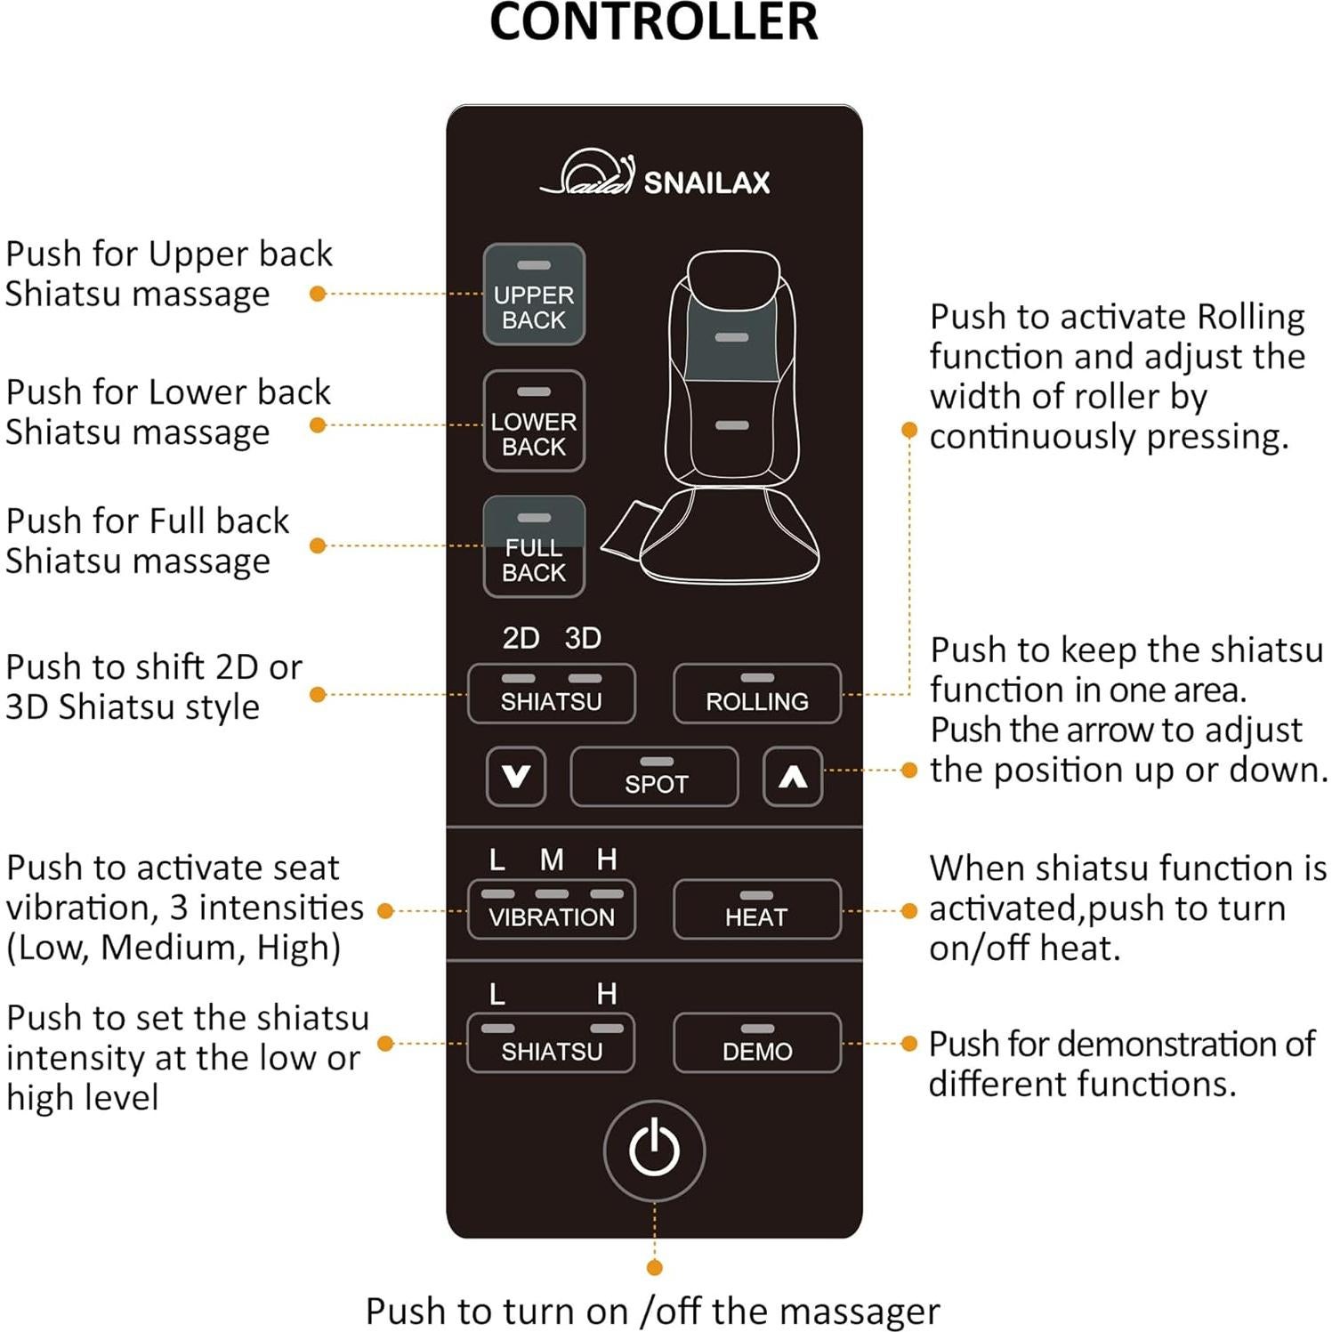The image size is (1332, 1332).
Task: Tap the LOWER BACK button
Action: point(534,421)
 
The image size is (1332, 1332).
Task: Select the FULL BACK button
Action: point(534,547)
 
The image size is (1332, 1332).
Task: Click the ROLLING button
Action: point(757,694)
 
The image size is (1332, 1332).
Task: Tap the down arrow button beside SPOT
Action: point(516,777)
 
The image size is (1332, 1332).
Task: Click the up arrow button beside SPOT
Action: point(793,777)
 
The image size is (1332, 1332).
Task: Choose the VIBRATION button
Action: point(552,909)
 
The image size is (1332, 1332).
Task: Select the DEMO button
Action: point(757,1043)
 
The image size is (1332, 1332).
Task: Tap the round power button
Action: point(655,1150)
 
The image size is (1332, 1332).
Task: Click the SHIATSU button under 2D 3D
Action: point(552,694)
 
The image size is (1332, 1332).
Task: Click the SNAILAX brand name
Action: point(706,182)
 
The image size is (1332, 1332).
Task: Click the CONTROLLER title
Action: point(654,22)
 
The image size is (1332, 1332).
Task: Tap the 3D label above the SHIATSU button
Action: point(583,638)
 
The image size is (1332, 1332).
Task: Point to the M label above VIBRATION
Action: point(552,860)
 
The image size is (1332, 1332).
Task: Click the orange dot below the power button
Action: point(655,1268)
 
